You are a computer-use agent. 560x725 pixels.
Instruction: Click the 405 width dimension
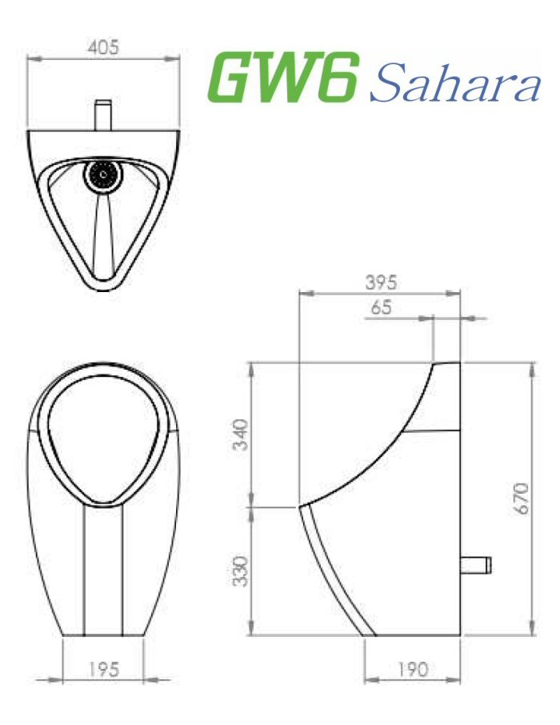(x=103, y=47)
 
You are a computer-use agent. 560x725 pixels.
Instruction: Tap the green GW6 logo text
(x=282, y=78)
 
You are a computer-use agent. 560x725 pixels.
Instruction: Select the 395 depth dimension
(x=381, y=282)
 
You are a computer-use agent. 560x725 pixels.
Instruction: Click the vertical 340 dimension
(x=241, y=435)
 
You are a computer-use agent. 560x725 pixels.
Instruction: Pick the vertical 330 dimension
(x=241, y=570)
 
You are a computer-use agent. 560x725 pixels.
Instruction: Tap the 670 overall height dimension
(x=521, y=498)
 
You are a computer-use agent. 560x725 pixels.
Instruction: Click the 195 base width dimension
(x=103, y=669)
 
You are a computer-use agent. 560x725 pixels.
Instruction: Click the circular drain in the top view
(x=102, y=174)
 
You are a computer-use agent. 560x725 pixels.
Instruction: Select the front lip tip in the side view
(x=301, y=507)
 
